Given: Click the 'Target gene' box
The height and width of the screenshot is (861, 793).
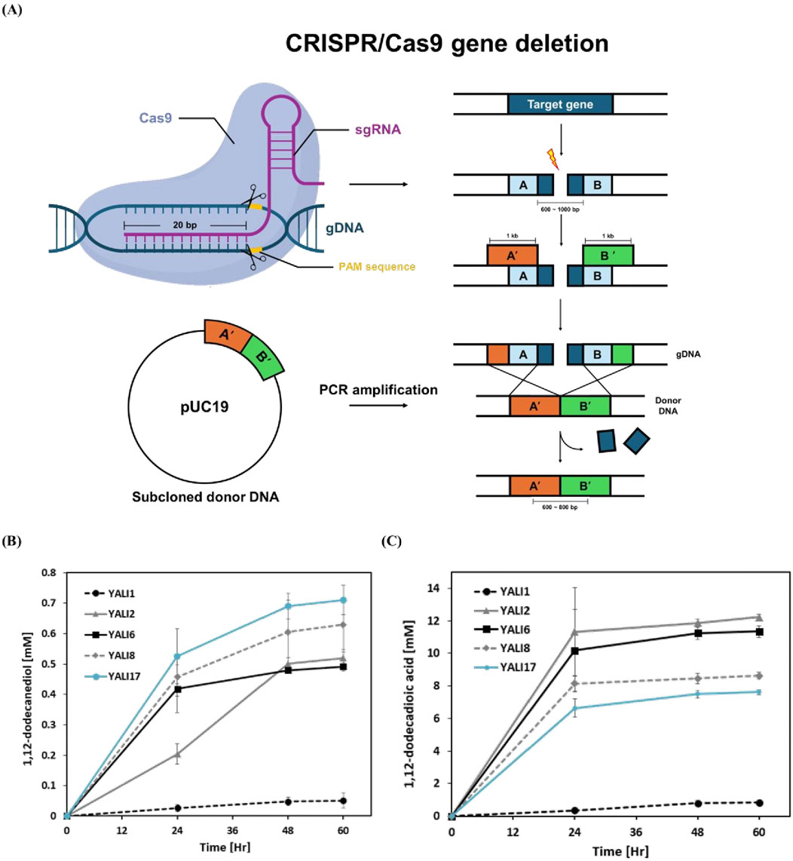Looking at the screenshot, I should (x=560, y=104).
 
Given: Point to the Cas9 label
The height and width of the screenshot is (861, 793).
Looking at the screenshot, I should (x=158, y=118).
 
